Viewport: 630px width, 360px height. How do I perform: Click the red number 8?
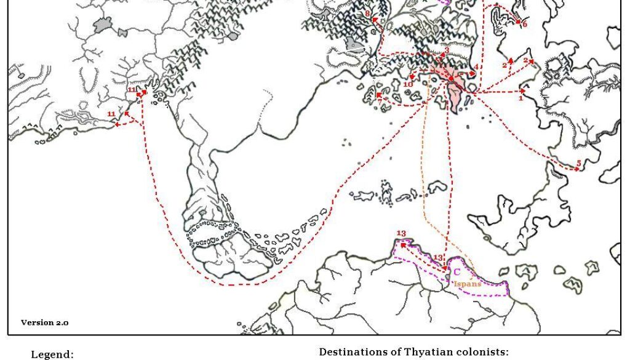(367, 14)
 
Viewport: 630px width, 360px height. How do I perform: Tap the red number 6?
(525, 25)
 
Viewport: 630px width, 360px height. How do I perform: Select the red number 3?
(447, 50)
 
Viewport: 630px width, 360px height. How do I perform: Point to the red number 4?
(476, 66)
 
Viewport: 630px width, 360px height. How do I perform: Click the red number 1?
(520, 98)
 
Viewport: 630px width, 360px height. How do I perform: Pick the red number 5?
(578, 163)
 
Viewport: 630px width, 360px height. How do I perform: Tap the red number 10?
(407, 84)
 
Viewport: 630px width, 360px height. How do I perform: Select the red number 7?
(379, 97)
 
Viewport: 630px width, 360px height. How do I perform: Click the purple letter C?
(457, 271)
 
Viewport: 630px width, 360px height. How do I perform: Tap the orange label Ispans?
(468, 284)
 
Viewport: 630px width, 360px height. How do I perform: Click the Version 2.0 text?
(45, 322)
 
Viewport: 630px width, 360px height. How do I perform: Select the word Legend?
(52, 354)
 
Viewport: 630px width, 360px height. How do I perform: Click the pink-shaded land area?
(455, 92)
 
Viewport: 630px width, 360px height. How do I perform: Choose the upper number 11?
(132, 90)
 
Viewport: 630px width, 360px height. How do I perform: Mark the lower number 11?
(111, 114)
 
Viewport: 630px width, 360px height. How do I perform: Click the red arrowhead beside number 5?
(572, 167)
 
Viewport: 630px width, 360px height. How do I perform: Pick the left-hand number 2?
(504, 65)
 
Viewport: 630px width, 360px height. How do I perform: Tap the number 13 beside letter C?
(438, 258)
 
